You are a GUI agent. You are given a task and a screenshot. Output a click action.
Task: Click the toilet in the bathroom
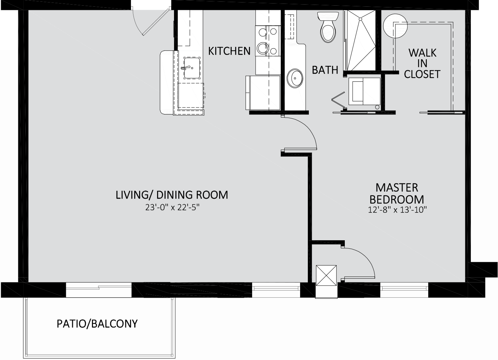click(x=328, y=27)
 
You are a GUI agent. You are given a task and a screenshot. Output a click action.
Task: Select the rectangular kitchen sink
click(x=192, y=68)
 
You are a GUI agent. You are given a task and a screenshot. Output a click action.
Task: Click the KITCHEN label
click(x=229, y=51)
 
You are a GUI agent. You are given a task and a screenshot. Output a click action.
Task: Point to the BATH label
click(x=325, y=70)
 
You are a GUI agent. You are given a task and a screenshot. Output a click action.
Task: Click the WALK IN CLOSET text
click(x=422, y=64)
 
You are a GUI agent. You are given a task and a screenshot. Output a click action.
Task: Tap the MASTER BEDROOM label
click(x=397, y=193)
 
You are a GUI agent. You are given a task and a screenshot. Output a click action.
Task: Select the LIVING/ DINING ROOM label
click(x=172, y=195)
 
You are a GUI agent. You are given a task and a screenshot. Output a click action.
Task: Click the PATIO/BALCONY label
click(x=97, y=324)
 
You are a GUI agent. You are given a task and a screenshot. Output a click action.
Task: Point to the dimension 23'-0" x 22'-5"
click(x=172, y=208)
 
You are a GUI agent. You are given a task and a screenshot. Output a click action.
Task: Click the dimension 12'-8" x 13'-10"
click(x=398, y=210)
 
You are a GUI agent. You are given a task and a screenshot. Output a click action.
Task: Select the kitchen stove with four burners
click(x=268, y=41)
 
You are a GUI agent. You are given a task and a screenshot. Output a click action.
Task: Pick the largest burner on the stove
click(x=263, y=48)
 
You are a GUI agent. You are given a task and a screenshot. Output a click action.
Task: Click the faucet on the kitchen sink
click(x=186, y=68)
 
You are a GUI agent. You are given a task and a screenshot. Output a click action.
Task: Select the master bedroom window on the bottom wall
click(x=404, y=288)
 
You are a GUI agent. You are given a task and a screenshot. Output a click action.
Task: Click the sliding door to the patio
click(x=99, y=290)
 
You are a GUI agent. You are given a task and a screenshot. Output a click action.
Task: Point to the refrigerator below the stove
click(x=263, y=93)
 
